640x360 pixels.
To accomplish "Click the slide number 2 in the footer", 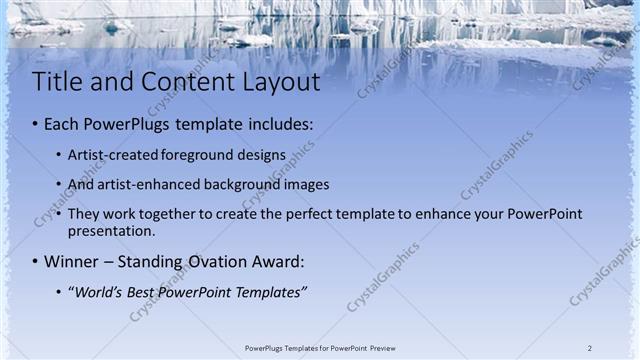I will (x=590, y=348).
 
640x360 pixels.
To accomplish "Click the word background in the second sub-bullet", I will (x=246, y=185).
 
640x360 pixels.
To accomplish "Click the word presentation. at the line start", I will (x=111, y=231).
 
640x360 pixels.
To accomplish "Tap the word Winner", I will (x=71, y=262).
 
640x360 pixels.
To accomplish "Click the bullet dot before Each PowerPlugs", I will (x=35, y=126).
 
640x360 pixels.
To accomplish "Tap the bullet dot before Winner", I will (x=35, y=263).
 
